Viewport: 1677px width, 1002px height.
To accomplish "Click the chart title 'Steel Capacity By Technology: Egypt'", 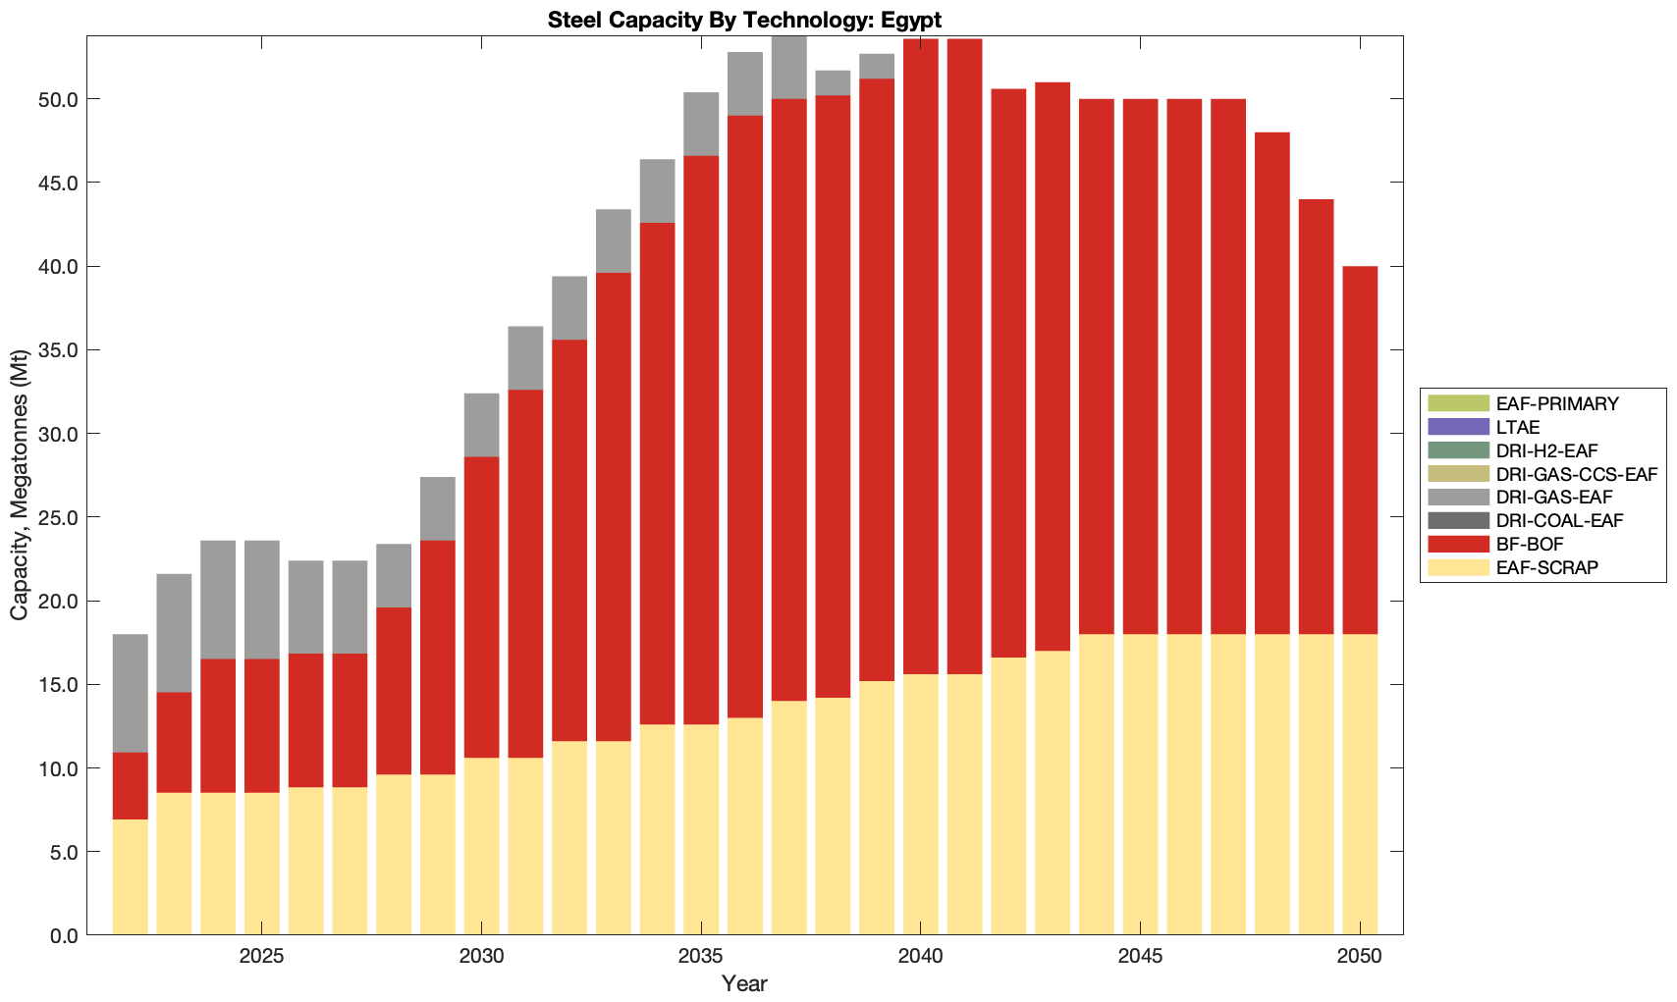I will pos(744,20).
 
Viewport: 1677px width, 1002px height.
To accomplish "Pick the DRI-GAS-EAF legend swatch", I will pos(1459,498).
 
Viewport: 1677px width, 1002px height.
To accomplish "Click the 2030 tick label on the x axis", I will pos(481,957).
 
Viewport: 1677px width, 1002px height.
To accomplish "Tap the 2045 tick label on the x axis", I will pos(1140,957).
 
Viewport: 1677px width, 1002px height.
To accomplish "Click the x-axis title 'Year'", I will pos(744,983).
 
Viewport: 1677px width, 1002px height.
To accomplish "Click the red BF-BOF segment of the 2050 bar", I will pos(1360,451).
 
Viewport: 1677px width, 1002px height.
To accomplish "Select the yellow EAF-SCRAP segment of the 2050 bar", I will pos(1360,785).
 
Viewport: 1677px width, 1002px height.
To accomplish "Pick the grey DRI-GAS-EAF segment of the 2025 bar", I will pos(262,599).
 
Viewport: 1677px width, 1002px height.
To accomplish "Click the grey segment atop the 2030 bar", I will pos(481,425).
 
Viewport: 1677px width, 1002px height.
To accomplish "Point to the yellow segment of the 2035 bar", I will pos(701,829).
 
